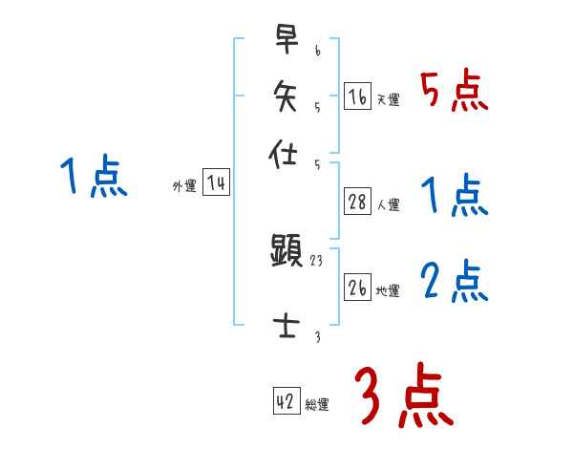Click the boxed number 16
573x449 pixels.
(357, 96)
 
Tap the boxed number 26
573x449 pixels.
(357, 288)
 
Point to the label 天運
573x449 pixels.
(389, 99)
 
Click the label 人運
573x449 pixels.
(389, 203)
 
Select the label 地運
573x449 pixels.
(389, 290)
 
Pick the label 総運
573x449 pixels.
(317, 404)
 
